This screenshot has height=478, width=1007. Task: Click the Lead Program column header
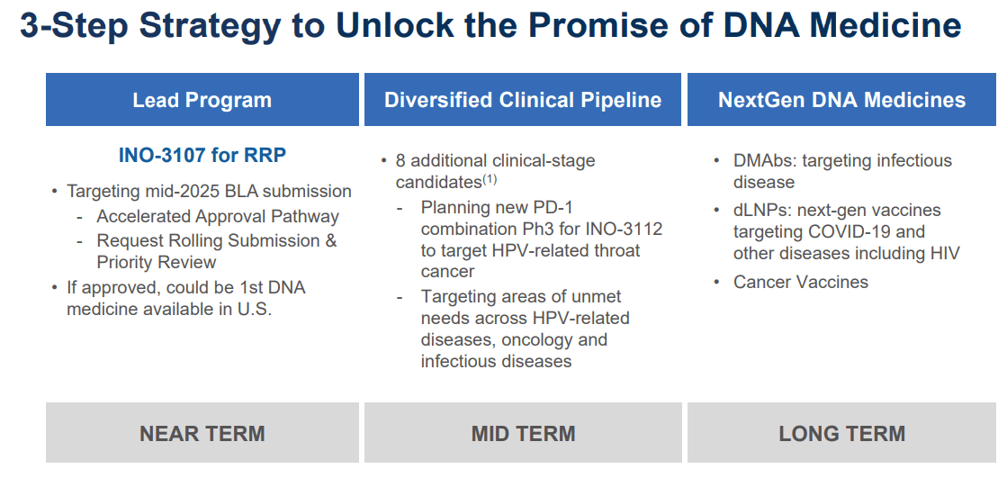pyautogui.click(x=202, y=100)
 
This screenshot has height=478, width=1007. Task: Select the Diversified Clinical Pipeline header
pyautogui.click(x=523, y=100)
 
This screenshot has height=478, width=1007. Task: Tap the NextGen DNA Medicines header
pyautogui.click(x=842, y=100)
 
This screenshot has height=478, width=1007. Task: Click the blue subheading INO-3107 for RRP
pyautogui.click(x=202, y=156)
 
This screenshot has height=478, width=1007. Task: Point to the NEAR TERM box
pyautogui.click(x=202, y=433)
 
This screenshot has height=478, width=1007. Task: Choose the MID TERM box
pyautogui.click(x=523, y=433)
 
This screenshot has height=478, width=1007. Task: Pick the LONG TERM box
pyautogui.click(x=842, y=433)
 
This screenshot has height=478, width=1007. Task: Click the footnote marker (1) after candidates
pyautogui.click(x=490, y=180)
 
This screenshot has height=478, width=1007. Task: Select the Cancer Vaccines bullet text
pyautogui.click(x=801, y=282)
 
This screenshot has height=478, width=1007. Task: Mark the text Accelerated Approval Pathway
pyautogui.click(x=218, y=217)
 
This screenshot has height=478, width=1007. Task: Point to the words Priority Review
pyautogui.click(x=157, y=262)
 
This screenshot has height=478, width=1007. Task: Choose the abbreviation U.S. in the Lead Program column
pyautogui.click(x=255, y=309)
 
